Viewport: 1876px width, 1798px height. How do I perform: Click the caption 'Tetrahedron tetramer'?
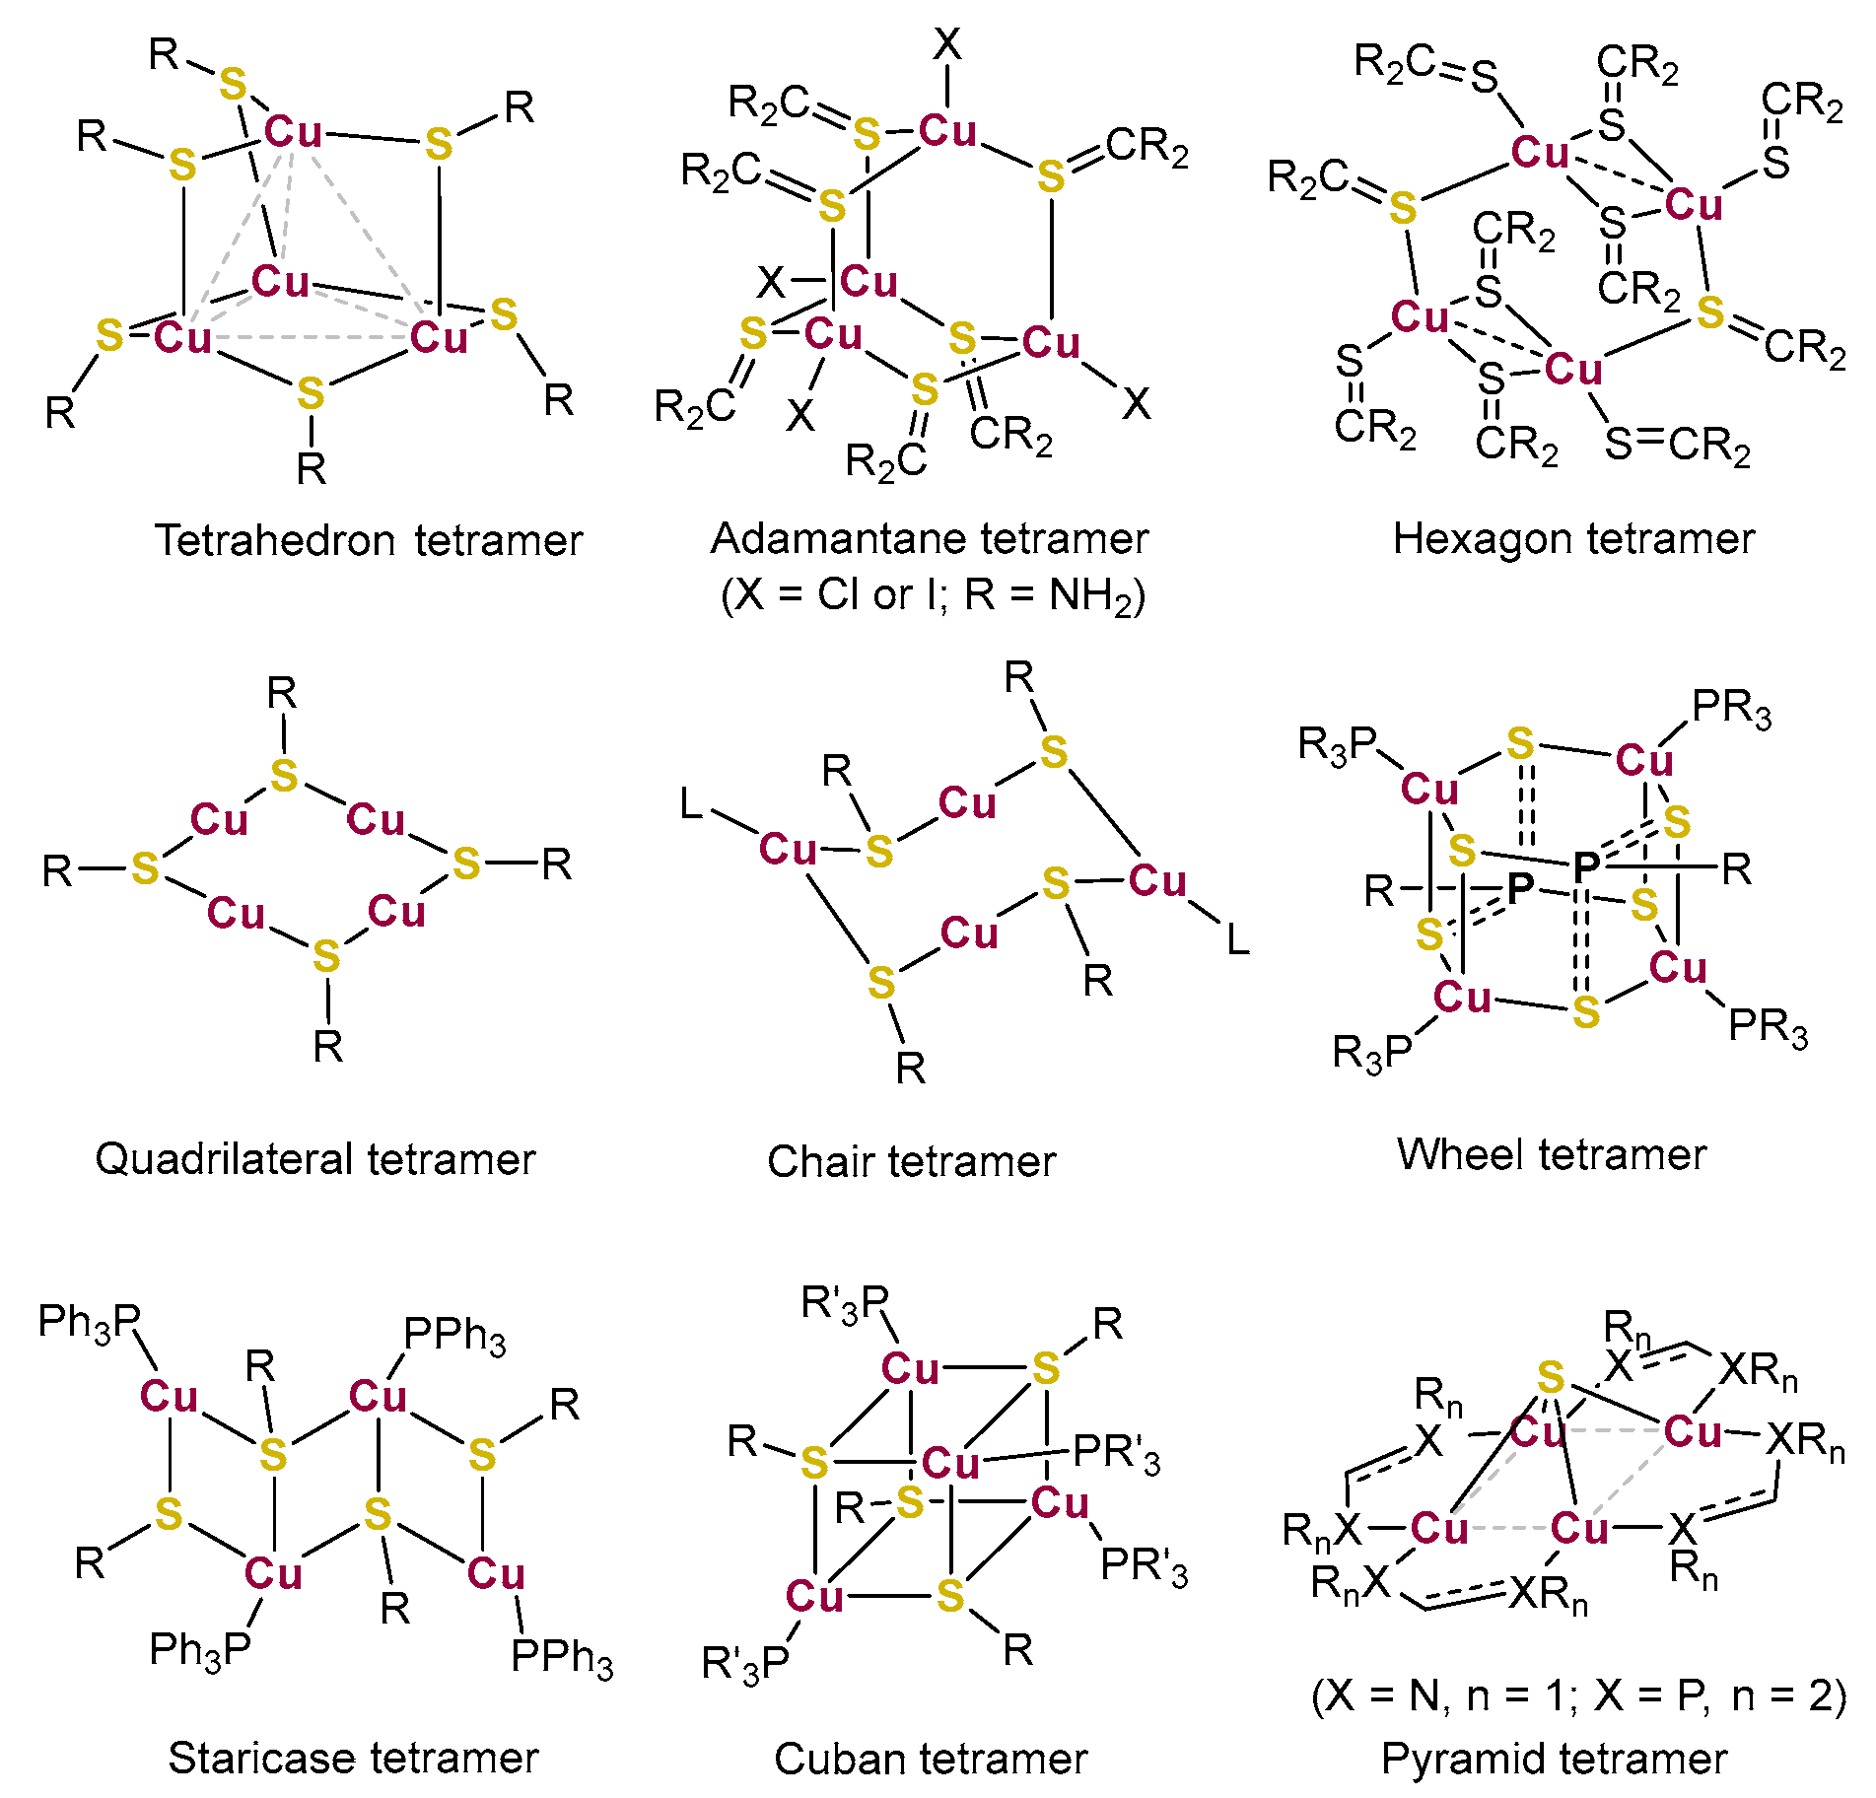coord(369,541)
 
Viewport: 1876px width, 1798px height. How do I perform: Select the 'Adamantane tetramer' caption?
coord(929,539)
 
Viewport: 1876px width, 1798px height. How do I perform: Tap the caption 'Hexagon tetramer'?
coord(1573,539)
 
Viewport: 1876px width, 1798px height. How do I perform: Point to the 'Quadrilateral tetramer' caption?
coord(314,1159)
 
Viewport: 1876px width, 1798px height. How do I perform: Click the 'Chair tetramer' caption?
coord(911,1162)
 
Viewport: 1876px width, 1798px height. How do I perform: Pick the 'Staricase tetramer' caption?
coord(353,1758)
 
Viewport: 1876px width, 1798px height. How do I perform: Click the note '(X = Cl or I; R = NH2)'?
coord(933,595)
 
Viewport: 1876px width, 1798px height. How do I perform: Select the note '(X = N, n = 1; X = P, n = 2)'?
coord(1578,1695)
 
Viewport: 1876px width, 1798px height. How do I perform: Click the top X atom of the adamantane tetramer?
coord(946,43)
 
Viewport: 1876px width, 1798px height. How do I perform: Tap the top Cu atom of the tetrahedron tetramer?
coord(293,131)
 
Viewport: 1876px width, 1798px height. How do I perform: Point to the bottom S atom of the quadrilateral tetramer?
coord(326,956)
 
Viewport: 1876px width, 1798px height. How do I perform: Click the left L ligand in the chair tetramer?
coord(692,804)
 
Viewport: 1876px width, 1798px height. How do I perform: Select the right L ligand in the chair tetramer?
coord(1237,938)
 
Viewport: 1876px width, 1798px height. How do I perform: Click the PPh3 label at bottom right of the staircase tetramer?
coord(562,1658)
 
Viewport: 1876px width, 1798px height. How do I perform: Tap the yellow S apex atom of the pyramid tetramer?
coord(1551,1376)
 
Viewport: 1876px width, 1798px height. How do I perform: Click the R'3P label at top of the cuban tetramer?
coord(845,1304)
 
